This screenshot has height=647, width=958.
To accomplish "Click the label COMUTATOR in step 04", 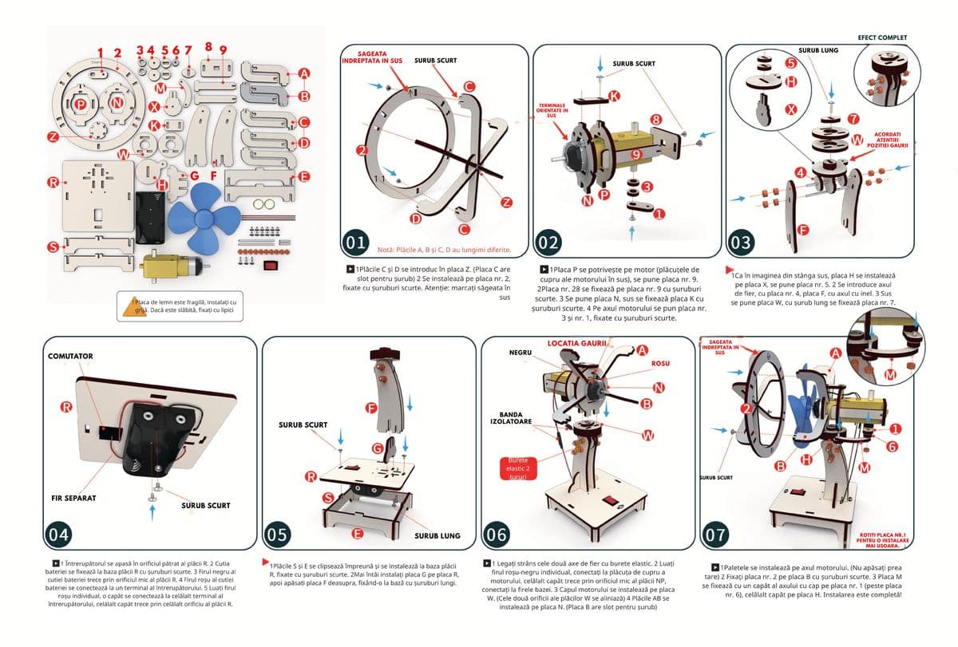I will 70,357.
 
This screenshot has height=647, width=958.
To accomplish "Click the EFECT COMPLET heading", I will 882,37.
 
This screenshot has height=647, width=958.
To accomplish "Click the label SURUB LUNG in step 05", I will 436,535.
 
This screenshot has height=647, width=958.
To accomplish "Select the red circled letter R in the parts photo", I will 53,183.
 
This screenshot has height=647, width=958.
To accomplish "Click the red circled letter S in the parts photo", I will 53,247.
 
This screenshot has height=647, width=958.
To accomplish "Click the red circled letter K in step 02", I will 613,95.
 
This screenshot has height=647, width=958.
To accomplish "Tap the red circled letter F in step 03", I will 804,230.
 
